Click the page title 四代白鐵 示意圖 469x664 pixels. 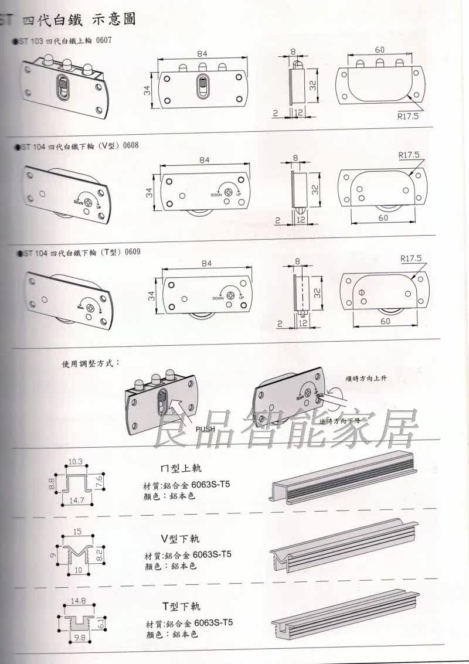click(79, 19)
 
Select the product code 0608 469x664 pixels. click(131, 145)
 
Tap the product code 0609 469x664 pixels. click(128, 252)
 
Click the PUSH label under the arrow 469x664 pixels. click(206, 428)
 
